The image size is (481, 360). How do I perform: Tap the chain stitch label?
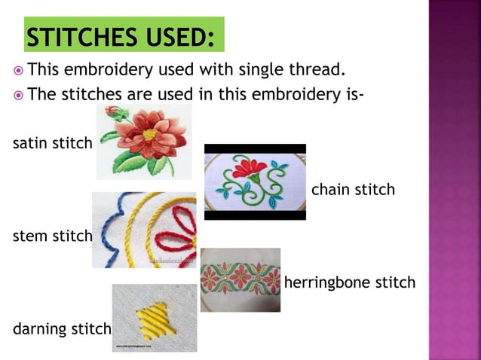(x=353, y=189)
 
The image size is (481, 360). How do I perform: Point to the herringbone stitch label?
(x=349, y=282)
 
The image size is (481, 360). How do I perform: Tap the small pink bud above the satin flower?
(x=113, y=112)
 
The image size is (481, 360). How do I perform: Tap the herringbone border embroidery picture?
(x=240, y=279)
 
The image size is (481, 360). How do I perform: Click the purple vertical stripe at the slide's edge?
(x=455, y=180)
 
